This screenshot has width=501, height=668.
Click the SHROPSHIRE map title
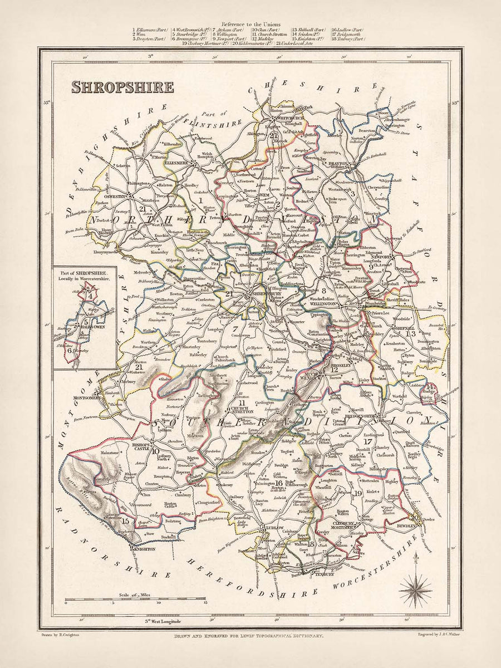122,86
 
